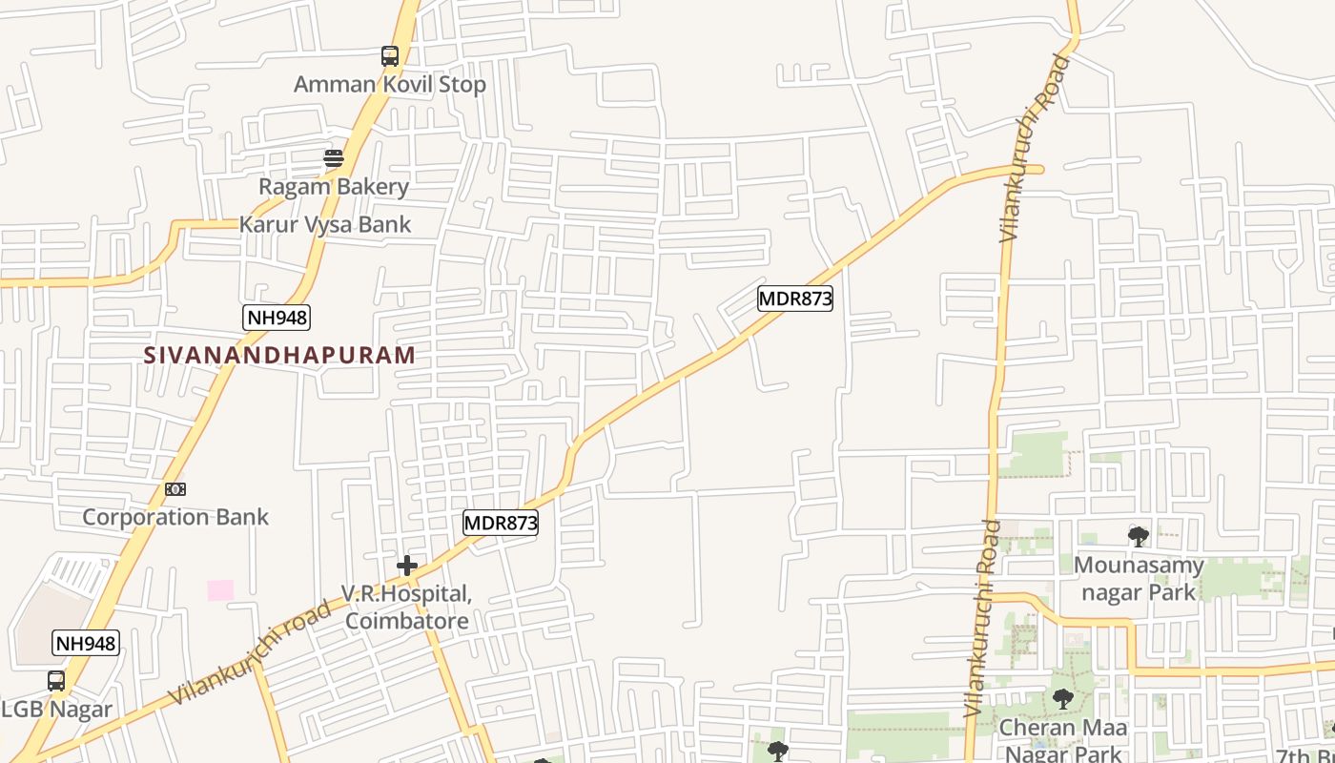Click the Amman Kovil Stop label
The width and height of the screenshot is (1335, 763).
coord(389,84)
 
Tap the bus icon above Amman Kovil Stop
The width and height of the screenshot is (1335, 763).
coord(389,56)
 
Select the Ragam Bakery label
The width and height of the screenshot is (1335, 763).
coord(334,186)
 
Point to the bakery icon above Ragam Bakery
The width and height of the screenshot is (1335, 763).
coord(333,158)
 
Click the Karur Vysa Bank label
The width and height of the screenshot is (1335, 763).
coord(325,224)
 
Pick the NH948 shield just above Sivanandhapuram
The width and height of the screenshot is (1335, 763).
coord(277,318)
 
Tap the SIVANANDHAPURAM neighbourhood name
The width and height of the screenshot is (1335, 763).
coord(279,355)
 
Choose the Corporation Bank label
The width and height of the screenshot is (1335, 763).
coord(175,517)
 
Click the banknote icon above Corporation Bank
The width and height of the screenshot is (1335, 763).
coord(175,489)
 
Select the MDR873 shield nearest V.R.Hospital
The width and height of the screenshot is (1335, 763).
coord(501,523)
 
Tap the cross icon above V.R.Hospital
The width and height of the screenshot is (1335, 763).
coord(407,566)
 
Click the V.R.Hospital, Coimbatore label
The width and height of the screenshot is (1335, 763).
coord(407,608)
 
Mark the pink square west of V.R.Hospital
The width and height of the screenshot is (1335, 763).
coord(220,590)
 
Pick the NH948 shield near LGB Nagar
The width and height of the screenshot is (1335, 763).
coord(86,643)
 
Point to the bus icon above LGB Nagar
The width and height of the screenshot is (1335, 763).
coord(56,681)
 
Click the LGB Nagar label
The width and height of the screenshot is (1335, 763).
coord(57,710)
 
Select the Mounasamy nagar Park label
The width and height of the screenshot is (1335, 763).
coord(1139,578)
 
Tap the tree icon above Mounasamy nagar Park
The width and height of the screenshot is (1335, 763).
coord(1139,536)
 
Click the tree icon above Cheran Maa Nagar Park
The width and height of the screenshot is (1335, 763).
coord(1063,699)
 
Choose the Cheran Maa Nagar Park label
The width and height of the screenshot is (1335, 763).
coord(1063,739)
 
